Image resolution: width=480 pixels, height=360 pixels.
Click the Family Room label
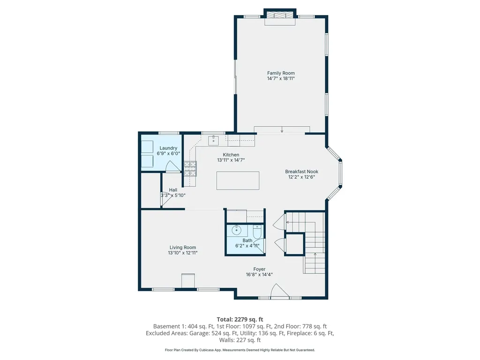point(281,73)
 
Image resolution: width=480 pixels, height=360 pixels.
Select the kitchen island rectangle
point(238,180)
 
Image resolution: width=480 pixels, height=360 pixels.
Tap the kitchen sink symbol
point(214,139)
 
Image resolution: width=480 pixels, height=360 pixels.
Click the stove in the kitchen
point(190,168)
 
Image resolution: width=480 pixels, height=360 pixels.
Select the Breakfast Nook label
point(301,172)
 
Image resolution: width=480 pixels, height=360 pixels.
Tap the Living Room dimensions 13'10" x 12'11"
point(182,253)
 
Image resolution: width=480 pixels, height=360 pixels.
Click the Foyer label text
point(259,269)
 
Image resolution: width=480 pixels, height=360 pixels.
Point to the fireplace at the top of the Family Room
point(280,18)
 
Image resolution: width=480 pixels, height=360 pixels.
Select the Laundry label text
point(168,148)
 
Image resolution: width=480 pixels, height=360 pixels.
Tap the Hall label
point(173,190)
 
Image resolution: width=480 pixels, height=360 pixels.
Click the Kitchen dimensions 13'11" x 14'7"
point(231,160)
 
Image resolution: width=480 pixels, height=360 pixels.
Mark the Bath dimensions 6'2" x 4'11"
point(247,245)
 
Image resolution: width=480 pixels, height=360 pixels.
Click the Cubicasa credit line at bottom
point(240,350)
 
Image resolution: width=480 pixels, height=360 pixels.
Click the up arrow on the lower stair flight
point(315,256)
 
